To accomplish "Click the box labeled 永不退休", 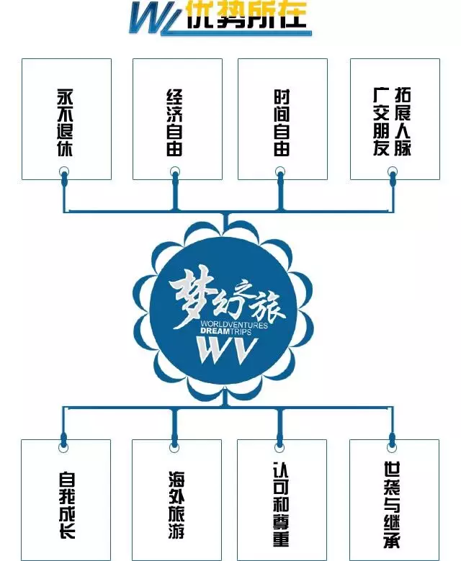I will click(66, 119).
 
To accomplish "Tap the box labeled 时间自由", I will click(282, 119).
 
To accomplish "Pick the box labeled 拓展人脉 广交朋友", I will click(393, 119).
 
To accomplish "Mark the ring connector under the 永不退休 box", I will click(65, 172).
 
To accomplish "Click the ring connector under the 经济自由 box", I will click(175, 172).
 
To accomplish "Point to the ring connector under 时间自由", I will click(280, 172).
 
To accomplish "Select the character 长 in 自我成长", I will click(66, 534).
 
